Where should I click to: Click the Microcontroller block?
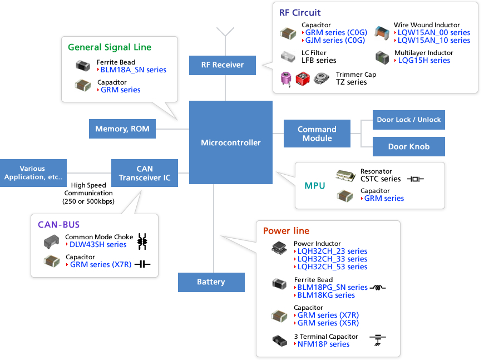click(x=230, y=142)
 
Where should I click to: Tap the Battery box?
click(x=211, y=282)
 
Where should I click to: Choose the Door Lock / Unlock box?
click(x=408, y=120)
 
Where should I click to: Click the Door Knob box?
click(x=408, y=147)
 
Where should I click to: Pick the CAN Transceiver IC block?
click(x=144, y=172)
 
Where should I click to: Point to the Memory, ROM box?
click(x=122, y=129)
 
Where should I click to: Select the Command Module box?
click(x=317, y=134)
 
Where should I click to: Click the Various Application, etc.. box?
click(x=33, y=172)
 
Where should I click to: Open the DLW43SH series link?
click(x=98, y=244)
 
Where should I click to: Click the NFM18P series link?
click(x=323, y=344)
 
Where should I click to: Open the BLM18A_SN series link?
click(x=133, y=70)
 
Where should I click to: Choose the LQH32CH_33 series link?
click(x=332, y=259)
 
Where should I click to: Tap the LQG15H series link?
click(x=423, y=60)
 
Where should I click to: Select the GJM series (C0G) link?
click(x=335, y=40)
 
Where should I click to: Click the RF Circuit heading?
click(x=300, y=13)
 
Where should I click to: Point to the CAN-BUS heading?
click(x=58, y=225)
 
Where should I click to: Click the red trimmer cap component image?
click(x=303, y=79)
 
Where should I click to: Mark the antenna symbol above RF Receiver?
click(x=225, y=32)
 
